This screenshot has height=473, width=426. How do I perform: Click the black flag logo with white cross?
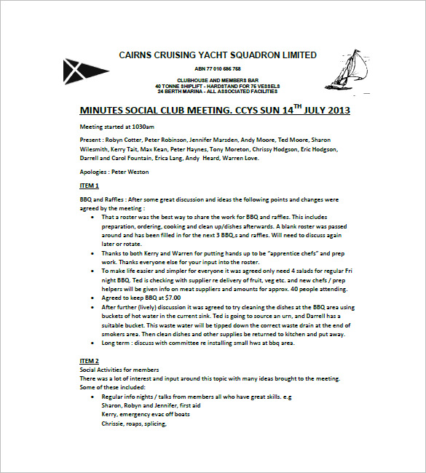(78, 71)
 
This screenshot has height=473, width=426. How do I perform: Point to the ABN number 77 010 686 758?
(218, 68)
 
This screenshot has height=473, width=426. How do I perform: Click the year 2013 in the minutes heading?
(335, 111)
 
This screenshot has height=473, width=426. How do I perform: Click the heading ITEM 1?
(89, 186)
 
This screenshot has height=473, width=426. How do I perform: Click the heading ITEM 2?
(89, 361)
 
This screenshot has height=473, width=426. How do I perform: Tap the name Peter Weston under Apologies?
(134, 172)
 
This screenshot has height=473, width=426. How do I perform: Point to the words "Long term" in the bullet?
(118, 342)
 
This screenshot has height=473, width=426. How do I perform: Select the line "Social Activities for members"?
(119, 370)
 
